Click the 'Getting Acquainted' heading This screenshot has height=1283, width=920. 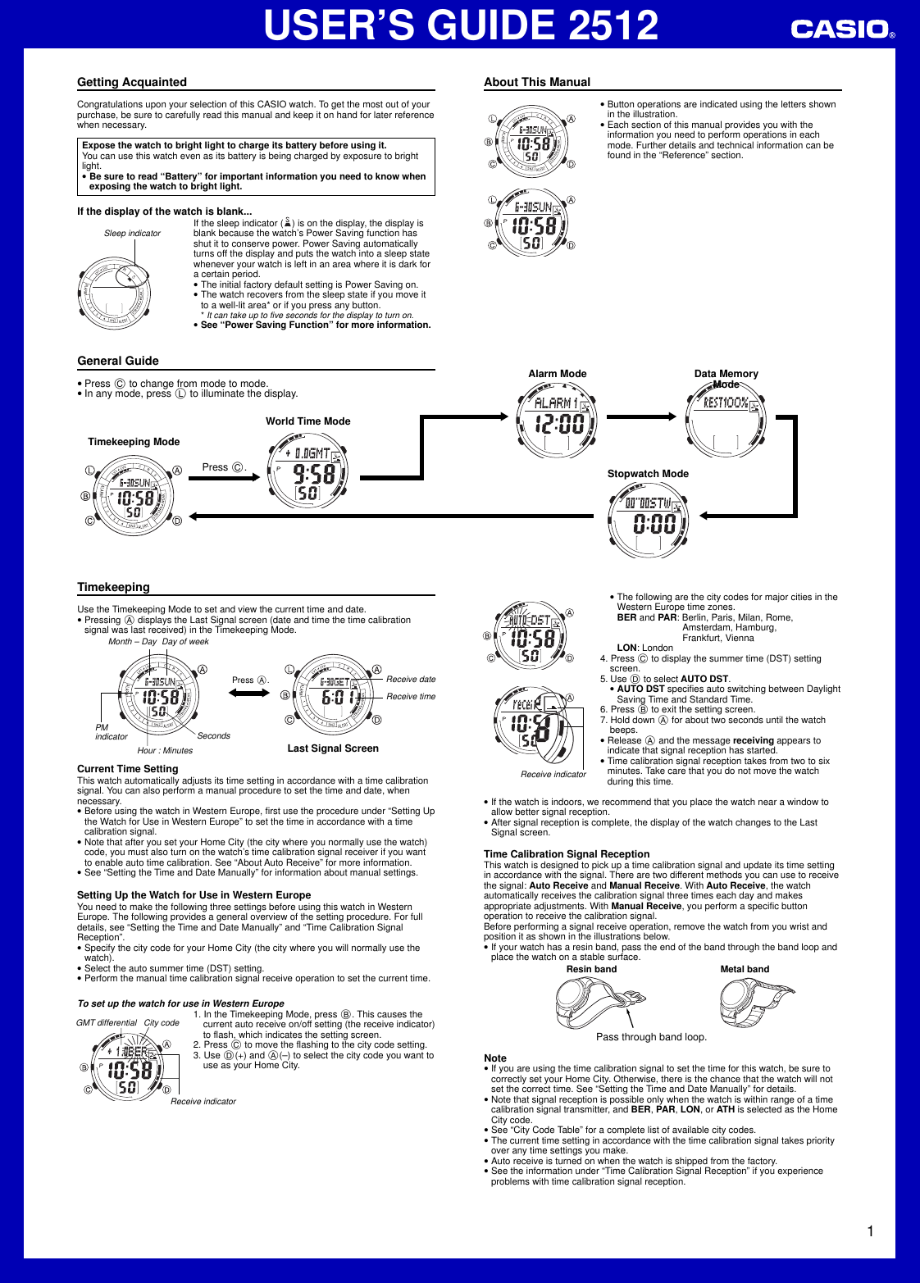click(x=132, y=82)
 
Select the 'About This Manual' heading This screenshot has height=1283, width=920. click(x=537, y=82)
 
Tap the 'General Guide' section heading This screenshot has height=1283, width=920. click(x=118, y=361)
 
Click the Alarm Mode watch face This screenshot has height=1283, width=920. click(x=558, y=421)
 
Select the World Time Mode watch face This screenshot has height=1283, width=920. click(x=308, y=471)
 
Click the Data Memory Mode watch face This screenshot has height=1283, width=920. click(x=726, y=421)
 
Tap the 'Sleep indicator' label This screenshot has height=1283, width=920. click(x=132, y=234)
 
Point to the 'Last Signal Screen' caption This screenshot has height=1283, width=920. click(x=333, y=748)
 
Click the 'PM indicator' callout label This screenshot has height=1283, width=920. click(x=111, y=732)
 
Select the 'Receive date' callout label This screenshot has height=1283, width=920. click(x=411, y=680)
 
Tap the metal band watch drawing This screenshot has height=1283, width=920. click(x=755, y=1002)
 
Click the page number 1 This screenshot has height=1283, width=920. click(x=870, y=1231)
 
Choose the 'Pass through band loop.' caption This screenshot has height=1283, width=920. click(x=651, y=1037)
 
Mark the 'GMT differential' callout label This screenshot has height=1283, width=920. click(x=107, y=1023)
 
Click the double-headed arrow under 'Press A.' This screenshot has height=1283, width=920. click(x=248, y=694)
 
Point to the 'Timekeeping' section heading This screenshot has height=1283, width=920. click(x=113, y=587)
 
